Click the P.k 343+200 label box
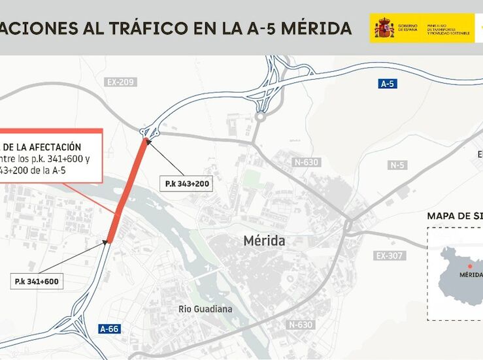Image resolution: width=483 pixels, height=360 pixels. [x=187, y=184]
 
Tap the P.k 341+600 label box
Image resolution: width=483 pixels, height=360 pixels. [x=37, y=282]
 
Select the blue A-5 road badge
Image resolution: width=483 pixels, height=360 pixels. [x=388, y=84]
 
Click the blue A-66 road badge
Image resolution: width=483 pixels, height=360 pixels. [x=109, y=329]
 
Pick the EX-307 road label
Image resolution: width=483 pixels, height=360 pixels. [x=390, y=255]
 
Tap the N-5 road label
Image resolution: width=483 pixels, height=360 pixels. [x=397, y=165]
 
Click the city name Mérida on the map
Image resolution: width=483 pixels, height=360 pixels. [x=264, y=240]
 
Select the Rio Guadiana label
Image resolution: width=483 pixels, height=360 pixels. [x=205, y=309]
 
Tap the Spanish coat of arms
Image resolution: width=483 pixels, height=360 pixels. [x=383, y=28]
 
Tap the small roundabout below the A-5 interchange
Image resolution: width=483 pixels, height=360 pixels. [x=261, y=118]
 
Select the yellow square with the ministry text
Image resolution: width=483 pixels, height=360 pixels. [x=422, y=28]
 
